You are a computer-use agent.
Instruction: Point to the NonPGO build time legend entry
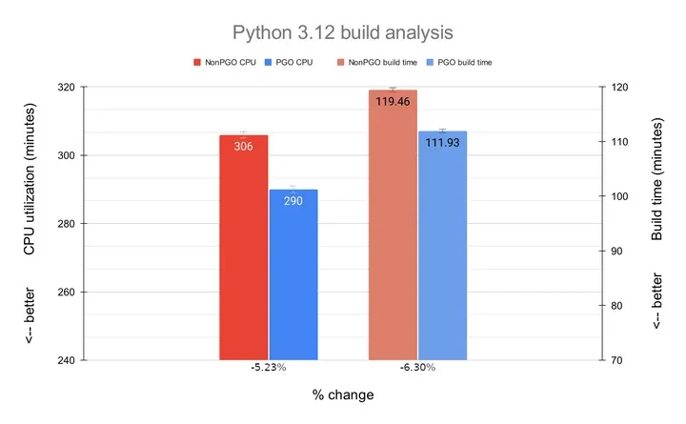click(x=377, y=62)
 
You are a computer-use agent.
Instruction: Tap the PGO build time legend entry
click(x=460, y=62)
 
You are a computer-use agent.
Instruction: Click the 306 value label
click(x=244, y=148)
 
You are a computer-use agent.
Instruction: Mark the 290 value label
click(x=293, y=201)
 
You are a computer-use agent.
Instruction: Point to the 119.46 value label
click(x=393, y=101)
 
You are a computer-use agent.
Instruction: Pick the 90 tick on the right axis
click(x=615, y=252)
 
